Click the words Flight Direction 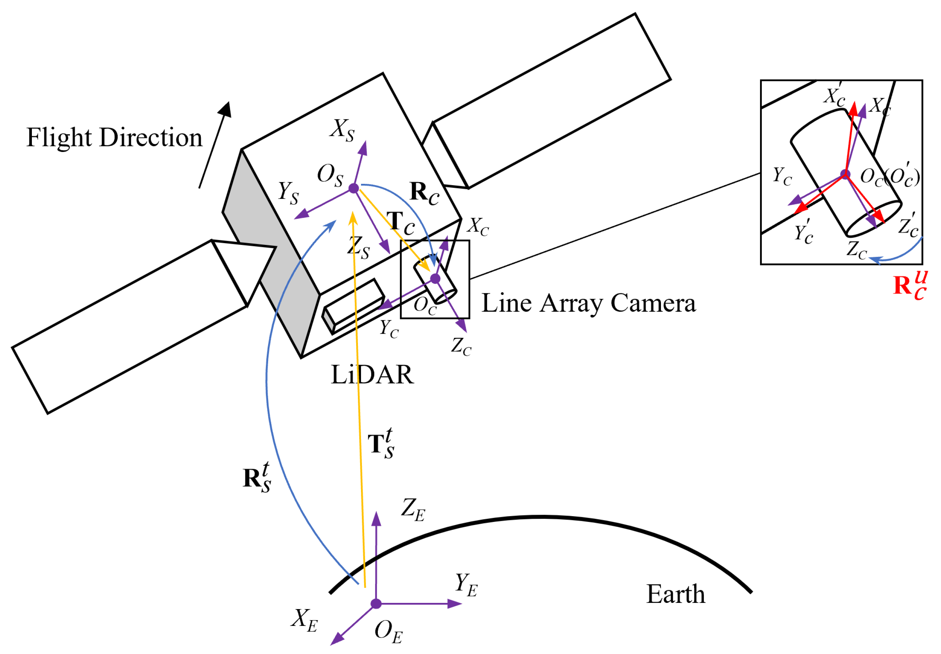(x=114, y=137)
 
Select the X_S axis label (x=342, y=130)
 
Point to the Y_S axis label (x=288, y=193)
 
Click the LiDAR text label (x=372, y=374)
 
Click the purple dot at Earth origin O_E (x=376, y=604)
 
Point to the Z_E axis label (x=413, y=509)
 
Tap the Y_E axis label (x=466, y=585)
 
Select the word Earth (x=675, y=594)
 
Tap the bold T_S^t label (x=381, y=444)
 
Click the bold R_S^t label (x=257, y=478)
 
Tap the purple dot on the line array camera (x=435, y=279)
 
